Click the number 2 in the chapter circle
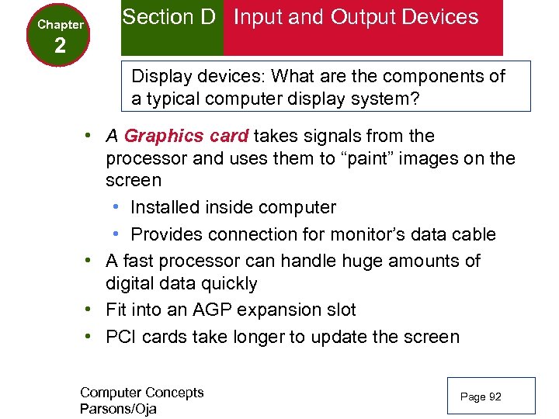[x=60, y=46]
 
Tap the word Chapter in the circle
[x=61, y=25]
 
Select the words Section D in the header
[x=168, y=17]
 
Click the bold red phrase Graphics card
[x=186, y=137]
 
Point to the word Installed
[x=166, y=208]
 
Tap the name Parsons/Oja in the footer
[x=118, y=409]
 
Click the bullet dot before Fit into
[x=90, y=310]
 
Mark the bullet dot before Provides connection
[x=115, y=234]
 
